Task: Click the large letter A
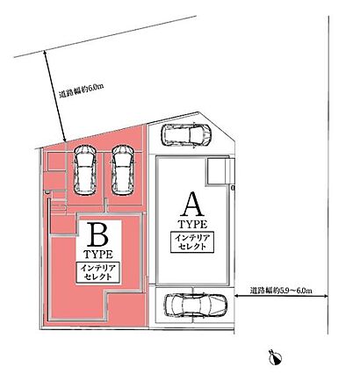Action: pyautogui.click(x=193, y=205)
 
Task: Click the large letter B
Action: pyautogui.click(x=97, y=234)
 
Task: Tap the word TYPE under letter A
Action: pyautogui.click(x=193, y=225)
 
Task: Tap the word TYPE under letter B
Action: pyautogui.click(x=98, y=255)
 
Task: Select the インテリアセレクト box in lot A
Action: pyautogui.click(x=192, y=242)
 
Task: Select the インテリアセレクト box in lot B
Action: pyautogui.click(x=97, y=272)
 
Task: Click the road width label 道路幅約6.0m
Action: pyautogui.click(x=82, y=91)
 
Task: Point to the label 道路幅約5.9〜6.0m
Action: pyautogui.click(x=281, y=291)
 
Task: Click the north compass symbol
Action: pyautogui.click(x=276, y=356)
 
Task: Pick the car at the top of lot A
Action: pyautogui.click(x=186, y=135)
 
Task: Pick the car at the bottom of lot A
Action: pyautogui.click(x=196, y=306)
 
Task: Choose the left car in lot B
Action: pyautogui.click(x=85, y=170)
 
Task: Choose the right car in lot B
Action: pyautogui.click(x=123, y=170)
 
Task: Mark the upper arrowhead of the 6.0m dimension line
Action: pyautogui.click(x=45, y=53)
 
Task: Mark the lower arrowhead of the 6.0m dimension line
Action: pyautogui.click(x=64, y=140)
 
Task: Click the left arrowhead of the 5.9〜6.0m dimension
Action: pyautogui.click(x=237, y=297)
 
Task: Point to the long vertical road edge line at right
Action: pyautogui.click(x=328, y=175)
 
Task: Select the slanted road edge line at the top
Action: pyautogui.click(x=105, y=36)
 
